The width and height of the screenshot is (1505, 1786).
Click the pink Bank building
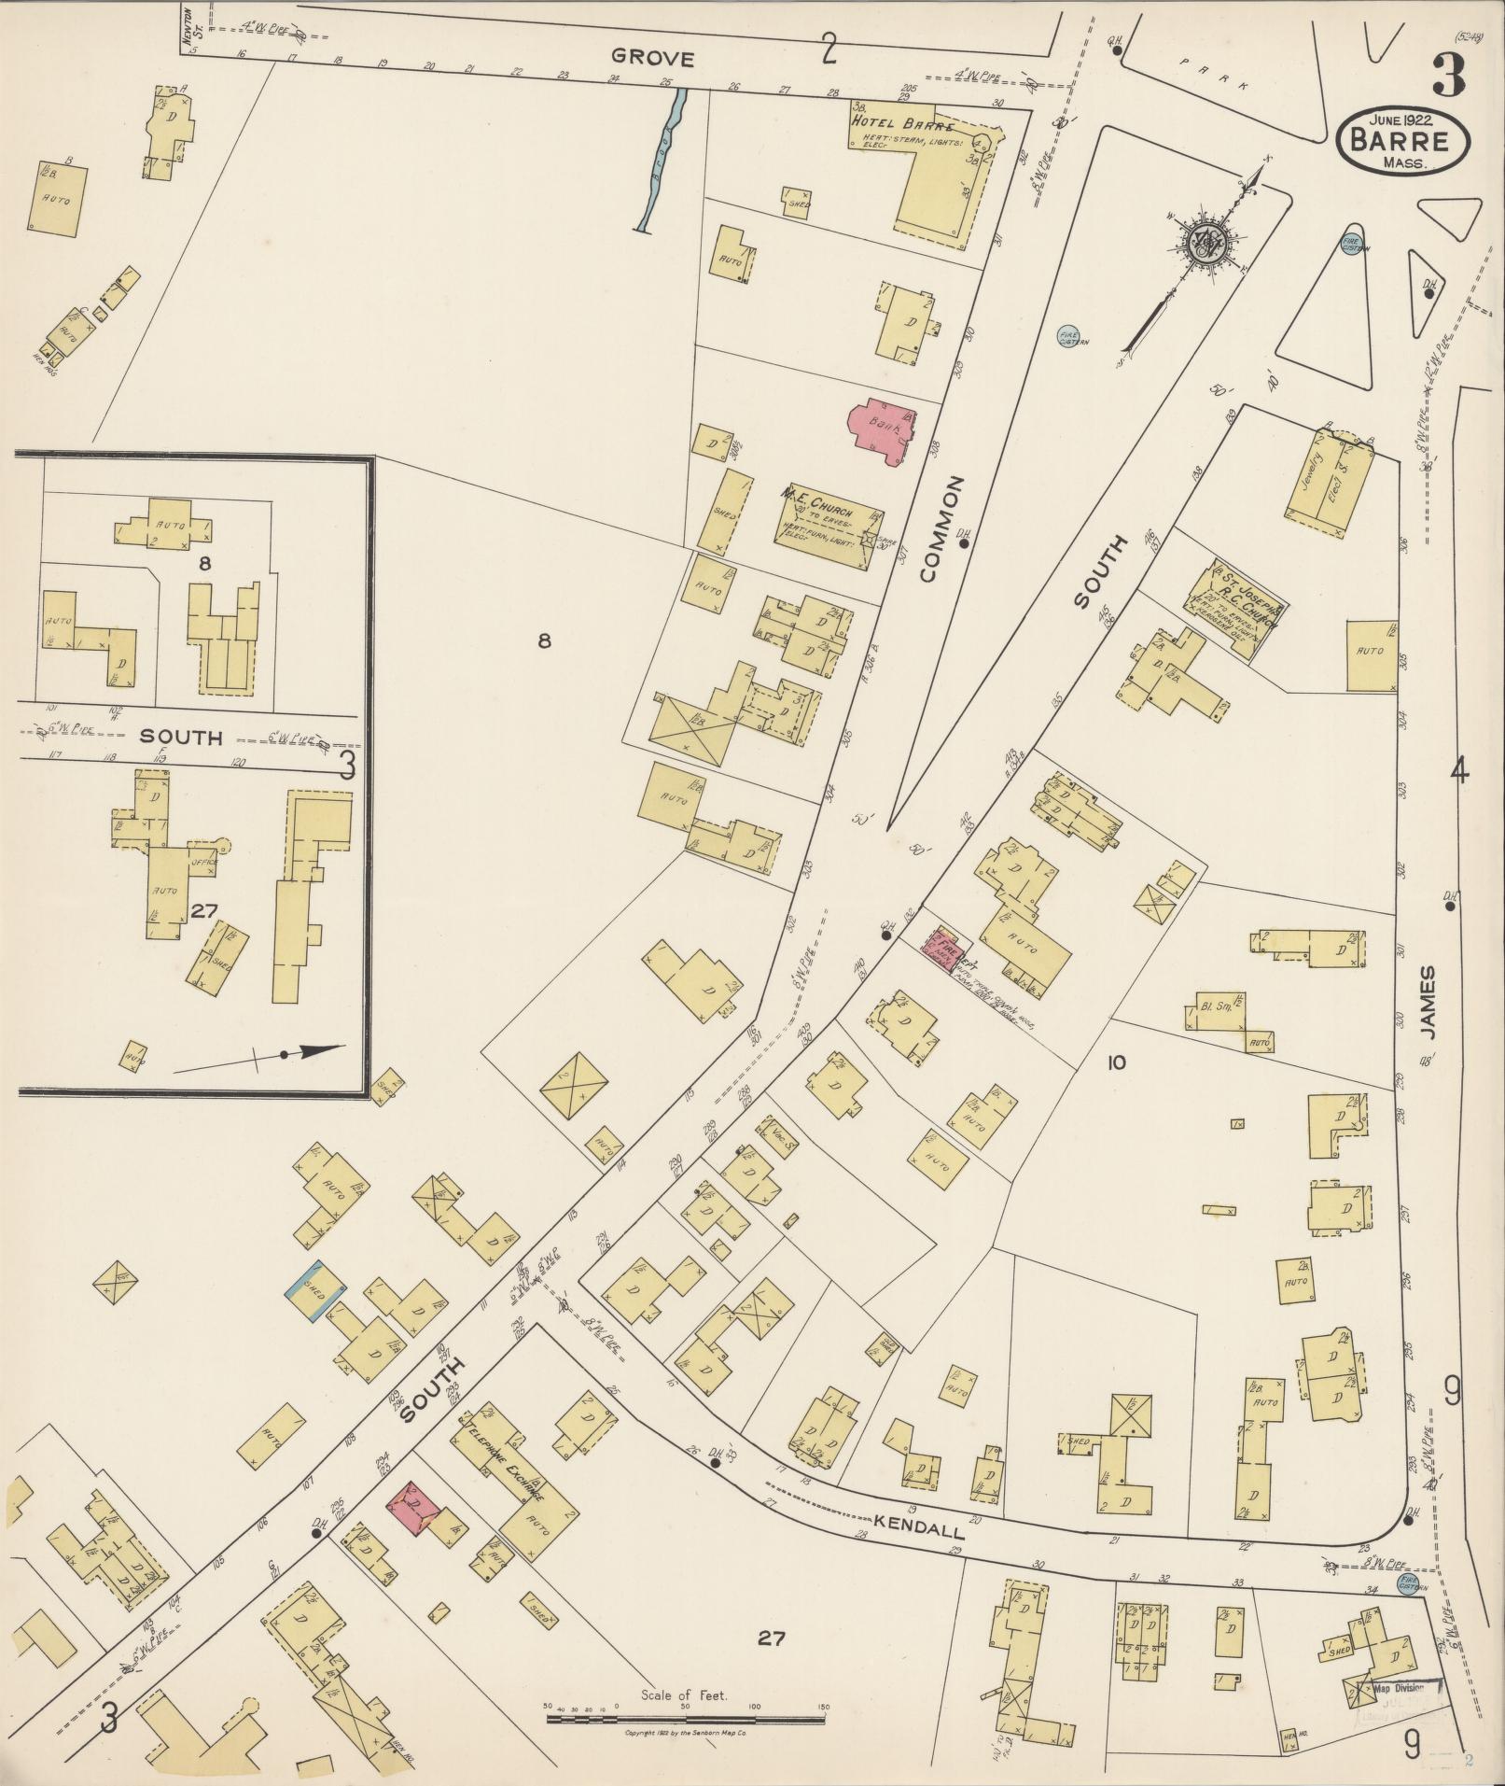[881, 429]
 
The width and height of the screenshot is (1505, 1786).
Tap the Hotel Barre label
[901, 124]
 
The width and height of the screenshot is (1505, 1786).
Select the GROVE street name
[661, 59]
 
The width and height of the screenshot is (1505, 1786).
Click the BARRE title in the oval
[1403, 141]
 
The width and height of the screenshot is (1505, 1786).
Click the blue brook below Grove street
[664, 159]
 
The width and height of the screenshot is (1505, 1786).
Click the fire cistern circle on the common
[1066, 336]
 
